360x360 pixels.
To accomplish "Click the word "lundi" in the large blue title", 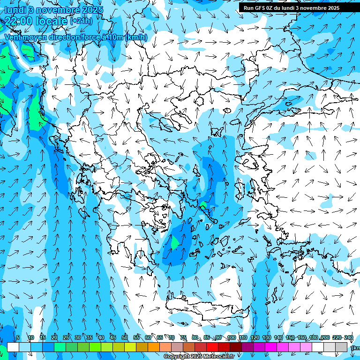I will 15,10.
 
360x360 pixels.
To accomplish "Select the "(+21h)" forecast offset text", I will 81,21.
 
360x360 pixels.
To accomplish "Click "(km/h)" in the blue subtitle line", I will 136,37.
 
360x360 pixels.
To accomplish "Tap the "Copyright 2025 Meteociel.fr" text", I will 199,357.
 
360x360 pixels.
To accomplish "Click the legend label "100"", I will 231,337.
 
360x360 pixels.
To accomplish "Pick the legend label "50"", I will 125,337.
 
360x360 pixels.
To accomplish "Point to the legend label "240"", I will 349,337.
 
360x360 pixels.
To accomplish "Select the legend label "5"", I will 18,337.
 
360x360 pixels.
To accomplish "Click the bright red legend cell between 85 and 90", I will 212,347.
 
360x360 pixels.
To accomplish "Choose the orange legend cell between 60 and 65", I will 154,347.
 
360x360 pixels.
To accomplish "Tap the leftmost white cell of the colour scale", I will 13,347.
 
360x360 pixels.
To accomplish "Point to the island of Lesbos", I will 251,162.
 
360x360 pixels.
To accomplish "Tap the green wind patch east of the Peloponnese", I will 174,243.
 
